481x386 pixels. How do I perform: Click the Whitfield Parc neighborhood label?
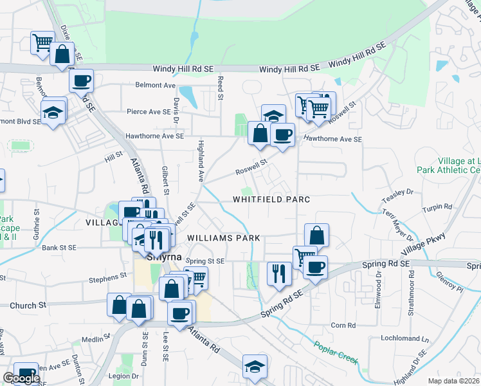(271, 199)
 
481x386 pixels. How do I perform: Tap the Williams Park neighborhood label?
(224, 238)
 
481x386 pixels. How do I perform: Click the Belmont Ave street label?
(155, 85)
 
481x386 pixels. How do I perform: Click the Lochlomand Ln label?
(404, 338)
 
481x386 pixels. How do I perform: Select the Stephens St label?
(107, 277)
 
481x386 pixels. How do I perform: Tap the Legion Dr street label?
(125, 376)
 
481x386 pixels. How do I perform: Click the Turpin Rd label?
(437, 208)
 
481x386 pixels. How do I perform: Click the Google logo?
(21, 378)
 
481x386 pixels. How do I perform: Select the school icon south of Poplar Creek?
(255, 366)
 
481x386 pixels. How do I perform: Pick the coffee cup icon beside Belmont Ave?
(82, 81)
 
